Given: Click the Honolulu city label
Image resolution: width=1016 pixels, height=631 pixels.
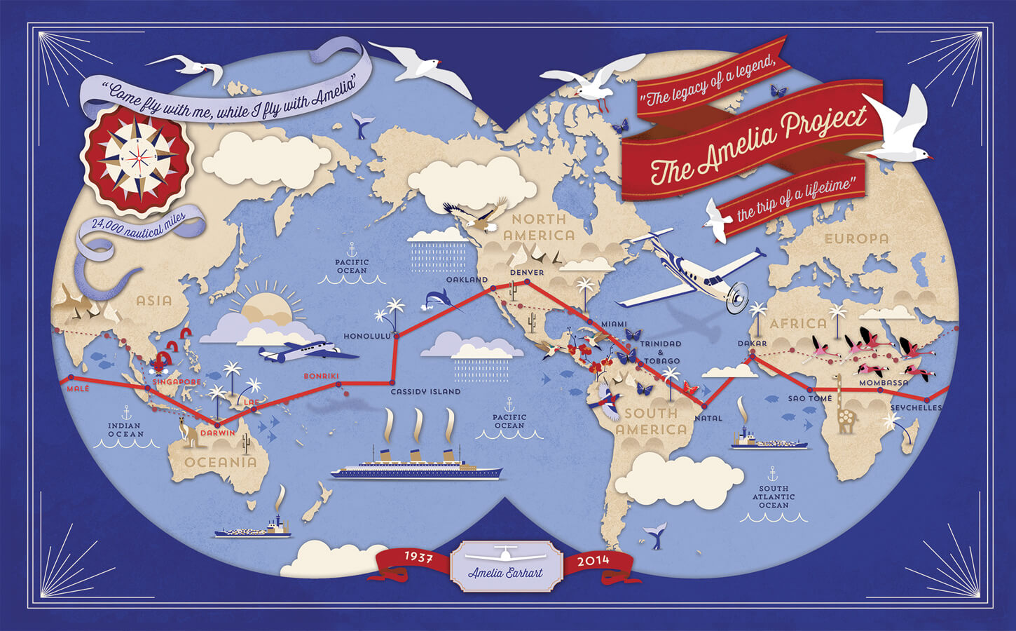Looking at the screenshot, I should pyautogui.click(x=366, y=337).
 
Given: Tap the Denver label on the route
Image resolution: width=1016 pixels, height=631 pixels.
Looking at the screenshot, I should pyautogui.click(x=527, y=272).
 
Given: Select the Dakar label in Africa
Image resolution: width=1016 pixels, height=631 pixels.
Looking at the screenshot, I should pyautogui.click(x=752, y=344).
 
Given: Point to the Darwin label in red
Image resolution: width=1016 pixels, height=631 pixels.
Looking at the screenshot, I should pyautogui.click(x=218, y=433).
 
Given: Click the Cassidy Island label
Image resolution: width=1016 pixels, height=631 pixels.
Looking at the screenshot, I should pyautogui.click(x=425, y=391).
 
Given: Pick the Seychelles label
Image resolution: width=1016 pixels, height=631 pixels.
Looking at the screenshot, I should pyautogui.click(x=916, y=408).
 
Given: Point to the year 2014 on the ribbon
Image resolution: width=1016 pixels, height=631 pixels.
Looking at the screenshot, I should pyautogui.click(x=593, y=561).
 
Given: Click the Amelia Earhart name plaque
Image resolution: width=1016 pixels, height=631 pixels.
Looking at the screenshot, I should pyautogui.click(x=505, y=566).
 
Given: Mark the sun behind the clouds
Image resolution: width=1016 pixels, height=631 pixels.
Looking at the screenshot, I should pyautogui.click(x=264, y=304).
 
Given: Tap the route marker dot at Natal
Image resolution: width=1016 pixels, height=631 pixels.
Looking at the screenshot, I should pyautogui.click(x=704, y=406).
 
